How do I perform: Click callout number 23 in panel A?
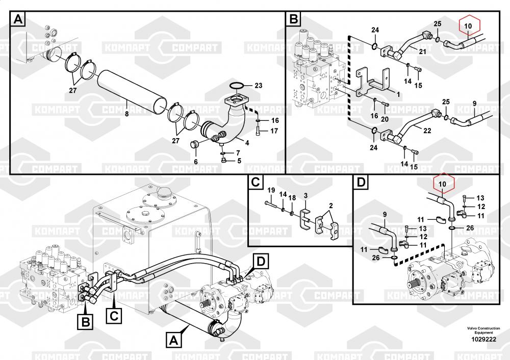pos(258,86)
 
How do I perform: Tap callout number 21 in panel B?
pos(422,51)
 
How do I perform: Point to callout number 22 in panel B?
pos(427,131)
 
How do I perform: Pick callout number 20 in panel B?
pos(385,119)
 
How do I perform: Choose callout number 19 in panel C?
pos(271,191)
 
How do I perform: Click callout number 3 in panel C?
pos(305,195)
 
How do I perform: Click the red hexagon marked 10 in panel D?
pos(442,183)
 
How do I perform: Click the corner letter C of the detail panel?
pos(256,182)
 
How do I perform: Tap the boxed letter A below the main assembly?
pos(174,339)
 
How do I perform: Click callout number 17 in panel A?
pos(274,131)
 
